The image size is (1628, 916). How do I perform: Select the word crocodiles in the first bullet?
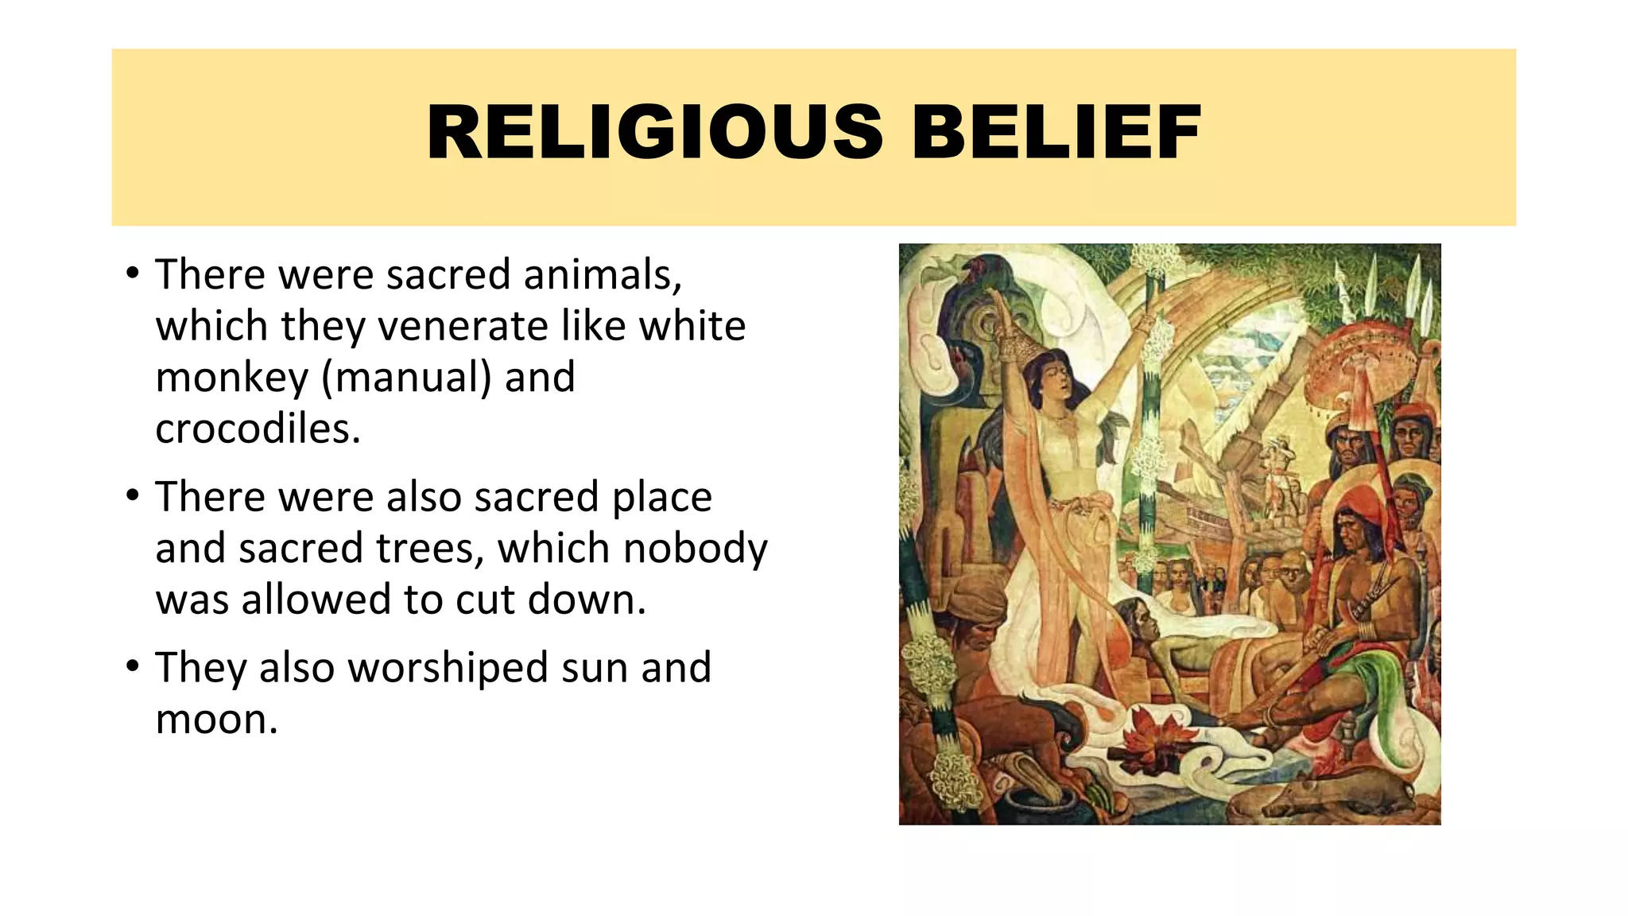point(258,429)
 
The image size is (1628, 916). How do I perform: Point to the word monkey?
point(231,378)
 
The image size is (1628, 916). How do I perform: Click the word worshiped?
point(448,667)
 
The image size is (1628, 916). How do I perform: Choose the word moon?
point(216,719)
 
